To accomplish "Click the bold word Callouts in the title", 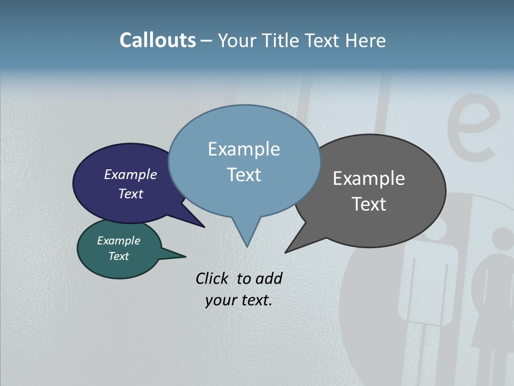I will pyautogui.click(x=157, y=40).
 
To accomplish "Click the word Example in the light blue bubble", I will pyautogui.click(x=244, y=149).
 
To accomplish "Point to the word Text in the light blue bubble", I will pyautogui.click(x=244, y=175).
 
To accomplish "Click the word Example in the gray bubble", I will pyautogui.click(x=369, y=179).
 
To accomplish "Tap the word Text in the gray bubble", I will pyautogui.click(x=369, y=204).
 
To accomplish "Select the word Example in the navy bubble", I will pyautogui.click(x=131, y=175).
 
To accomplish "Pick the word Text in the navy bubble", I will pyautogui.click(x=131, y=194).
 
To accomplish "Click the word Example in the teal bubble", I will pyautogui.click(x=119, y=241).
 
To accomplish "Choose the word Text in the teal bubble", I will pyautogui.click(x=119, y=256).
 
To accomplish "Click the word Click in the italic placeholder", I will pyautogui.click(x=213, y=278).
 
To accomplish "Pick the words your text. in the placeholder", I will pyautogui.click(x=239, y=300).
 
